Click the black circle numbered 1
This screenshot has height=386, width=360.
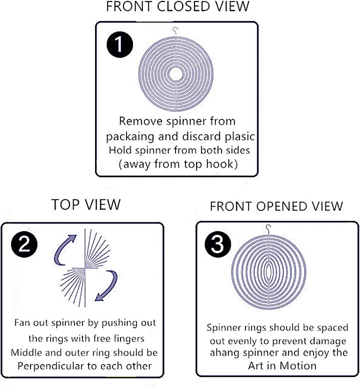[119, 44]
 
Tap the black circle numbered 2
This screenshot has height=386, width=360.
[24, 244]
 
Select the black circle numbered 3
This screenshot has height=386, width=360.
[217, 244]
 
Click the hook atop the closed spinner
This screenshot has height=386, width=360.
[175, 31]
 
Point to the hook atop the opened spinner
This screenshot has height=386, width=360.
[268, 229]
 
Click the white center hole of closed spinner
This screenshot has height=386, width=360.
[175, 73]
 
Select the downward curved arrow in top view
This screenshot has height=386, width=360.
[106, 285]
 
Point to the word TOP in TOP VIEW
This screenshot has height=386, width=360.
[65, 204]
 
